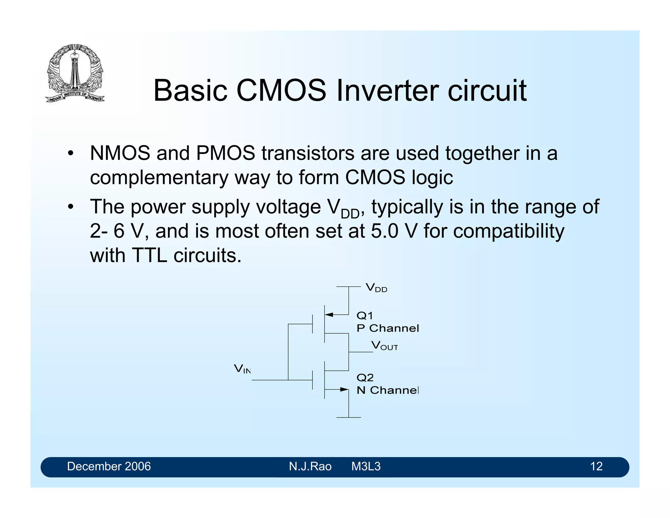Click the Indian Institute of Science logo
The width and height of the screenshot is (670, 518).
(x=75, y=73)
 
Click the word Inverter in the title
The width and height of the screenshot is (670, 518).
(x=388, y=91)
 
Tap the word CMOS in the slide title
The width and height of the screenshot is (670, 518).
(x=281, y=91)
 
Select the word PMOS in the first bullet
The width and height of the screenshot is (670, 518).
(x=225, y=153)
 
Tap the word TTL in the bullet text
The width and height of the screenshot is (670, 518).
(x=149, y=255)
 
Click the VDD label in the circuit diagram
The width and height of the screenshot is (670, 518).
(x=376, y=288)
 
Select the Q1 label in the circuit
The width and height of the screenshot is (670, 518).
(x=364, y=316)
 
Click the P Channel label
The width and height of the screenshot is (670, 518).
(x=387, y=328)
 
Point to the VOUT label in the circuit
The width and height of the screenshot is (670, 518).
(x=384, y=346)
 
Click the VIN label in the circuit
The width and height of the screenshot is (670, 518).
(x=242, y=369)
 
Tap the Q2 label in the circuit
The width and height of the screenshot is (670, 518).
(x=365, y=378)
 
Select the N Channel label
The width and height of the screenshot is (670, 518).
(x=387, y=390)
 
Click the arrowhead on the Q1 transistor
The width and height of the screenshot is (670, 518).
(x=329, y=315)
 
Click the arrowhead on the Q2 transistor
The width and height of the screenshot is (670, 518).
(x=344, y=389)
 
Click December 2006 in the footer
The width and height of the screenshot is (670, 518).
(x=109, y=467)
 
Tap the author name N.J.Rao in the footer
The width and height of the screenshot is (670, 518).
(x=310, y=467)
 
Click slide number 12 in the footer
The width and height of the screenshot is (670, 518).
(x=596, y=467)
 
